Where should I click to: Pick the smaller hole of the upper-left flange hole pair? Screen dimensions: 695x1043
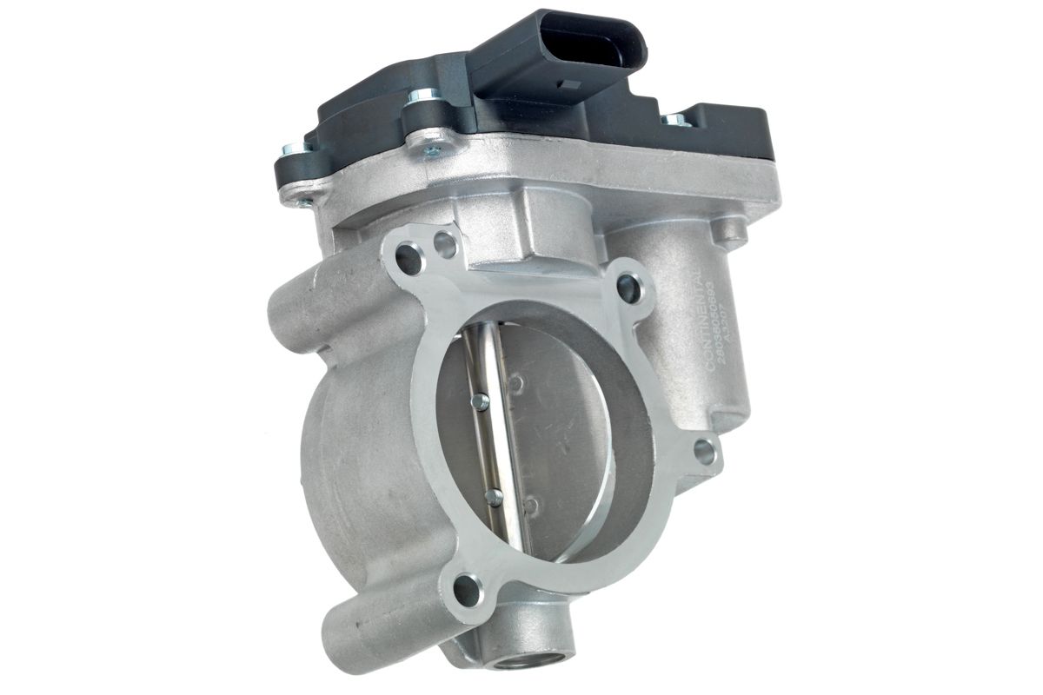point(444,243)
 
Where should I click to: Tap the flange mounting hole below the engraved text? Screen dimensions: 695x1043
point(705,452)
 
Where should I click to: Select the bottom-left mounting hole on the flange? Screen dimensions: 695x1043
point(467,591)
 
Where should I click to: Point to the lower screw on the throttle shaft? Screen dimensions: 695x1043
point(494,497)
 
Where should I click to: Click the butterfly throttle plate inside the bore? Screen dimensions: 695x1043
point(556,434)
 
